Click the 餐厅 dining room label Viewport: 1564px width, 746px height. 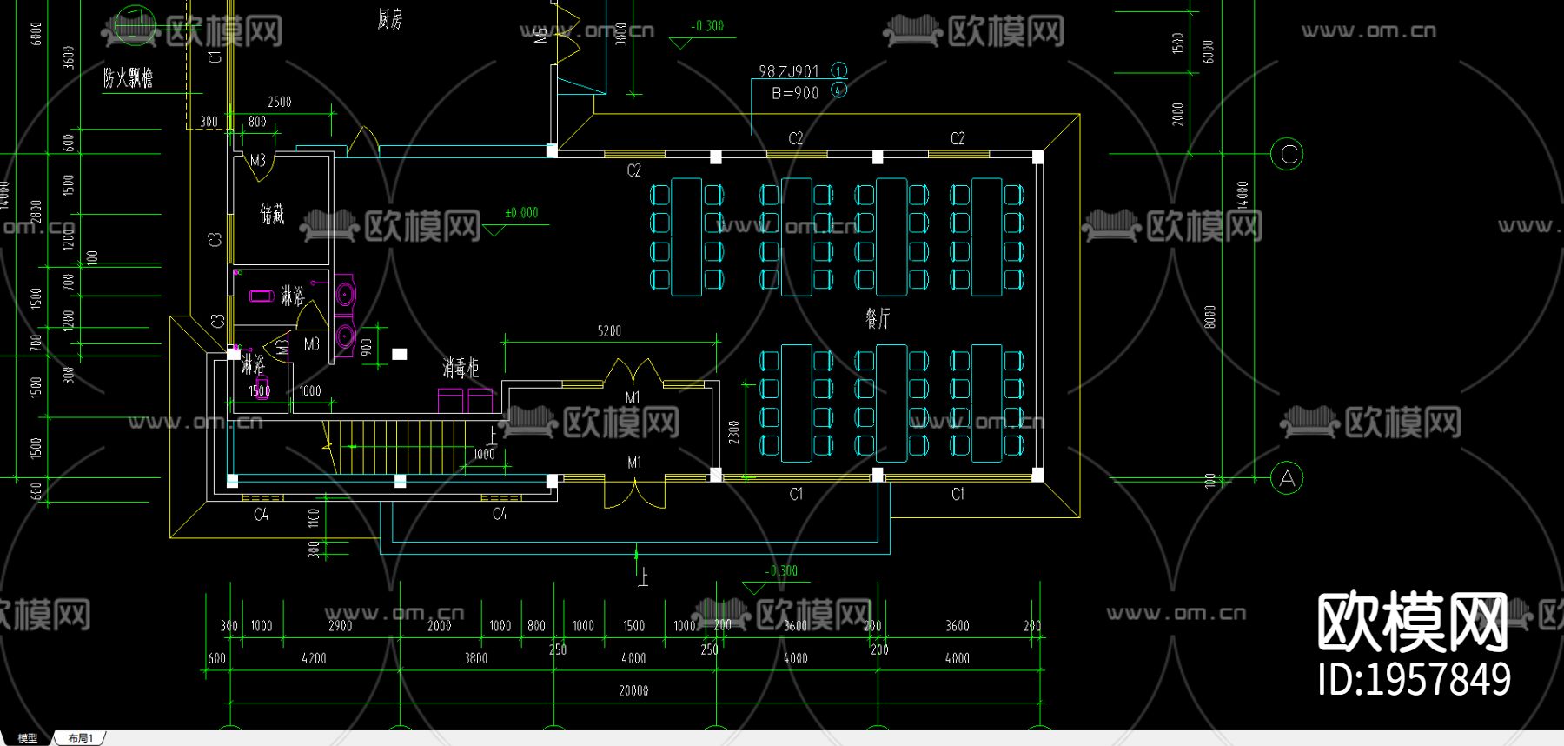pos(878,319)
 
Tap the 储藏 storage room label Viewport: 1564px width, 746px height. pos(272,214)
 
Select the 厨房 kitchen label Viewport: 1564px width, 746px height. pos(390,19)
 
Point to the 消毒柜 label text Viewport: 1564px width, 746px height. pos(461,368)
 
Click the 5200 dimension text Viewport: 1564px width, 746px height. pos(609,331)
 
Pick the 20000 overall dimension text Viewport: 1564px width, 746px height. pos(633,691)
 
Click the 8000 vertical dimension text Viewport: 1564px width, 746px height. pos(1209,316)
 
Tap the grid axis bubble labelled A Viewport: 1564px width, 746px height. pos(1287,477)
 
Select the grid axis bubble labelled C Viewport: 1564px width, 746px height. pos(1287,155)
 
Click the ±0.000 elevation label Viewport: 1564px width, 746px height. pos(521,213)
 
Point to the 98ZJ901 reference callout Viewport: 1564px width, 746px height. pos(789,71)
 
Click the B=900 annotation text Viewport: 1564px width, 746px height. pos(795,93)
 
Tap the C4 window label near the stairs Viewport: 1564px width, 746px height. pos(500,514)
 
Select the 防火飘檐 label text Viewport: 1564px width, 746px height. pos(128,78)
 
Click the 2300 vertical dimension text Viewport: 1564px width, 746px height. pos(734,432)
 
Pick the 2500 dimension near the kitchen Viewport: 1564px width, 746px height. pos(279,103)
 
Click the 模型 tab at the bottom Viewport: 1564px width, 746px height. pos(28,738)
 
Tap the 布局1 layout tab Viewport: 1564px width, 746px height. pos(81,738)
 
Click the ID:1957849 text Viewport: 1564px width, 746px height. pos(1414,680)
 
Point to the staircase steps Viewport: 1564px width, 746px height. pos(400,447)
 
